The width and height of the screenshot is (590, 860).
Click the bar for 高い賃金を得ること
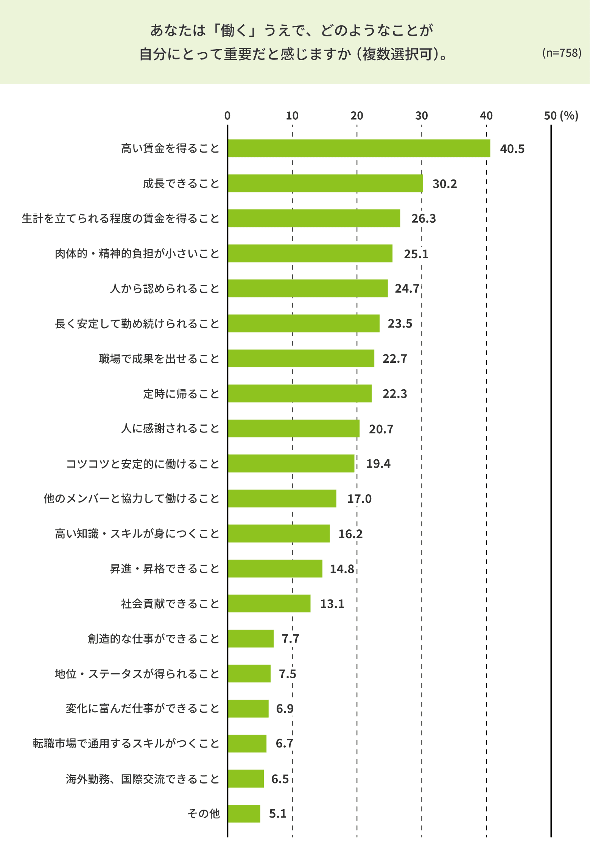(x=359, y=148)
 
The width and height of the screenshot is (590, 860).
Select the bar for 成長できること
(x=325, y=183)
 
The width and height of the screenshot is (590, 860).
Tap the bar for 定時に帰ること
(x=300, y=393)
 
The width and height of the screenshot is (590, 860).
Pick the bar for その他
(x=244, y=813)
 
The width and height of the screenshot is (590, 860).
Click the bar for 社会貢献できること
(x=269, y=603)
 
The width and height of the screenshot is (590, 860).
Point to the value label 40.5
(x=512, y=149)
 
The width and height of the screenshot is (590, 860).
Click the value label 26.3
(x=423, y=219)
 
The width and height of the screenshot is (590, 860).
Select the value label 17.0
(x=359, y=499)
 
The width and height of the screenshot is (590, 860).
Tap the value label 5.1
(x=277, y=814)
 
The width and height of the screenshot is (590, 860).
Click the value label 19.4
(x=378, y=464)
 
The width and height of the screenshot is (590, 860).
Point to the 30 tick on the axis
(x=422, y=115)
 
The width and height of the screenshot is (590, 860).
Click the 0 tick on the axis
(x=227, y=115)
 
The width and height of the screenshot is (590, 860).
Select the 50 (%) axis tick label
(x=561, y=115)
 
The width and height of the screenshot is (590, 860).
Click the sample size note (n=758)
(x=561, y=53)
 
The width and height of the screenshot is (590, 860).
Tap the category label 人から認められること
(x=165, y=289)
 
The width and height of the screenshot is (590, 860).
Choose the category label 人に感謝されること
(x=170, y=428)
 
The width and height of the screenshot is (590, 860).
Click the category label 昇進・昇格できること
(x=165, y=568)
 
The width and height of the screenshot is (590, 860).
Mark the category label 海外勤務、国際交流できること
(x=143, y=779)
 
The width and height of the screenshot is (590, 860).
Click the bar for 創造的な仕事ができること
(x=251, y=638)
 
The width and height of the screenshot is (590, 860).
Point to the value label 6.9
(x=285, y=709)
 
